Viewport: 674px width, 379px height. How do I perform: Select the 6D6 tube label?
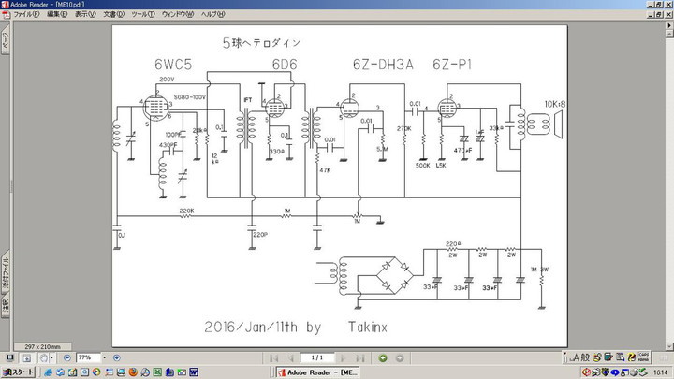click(285, 65)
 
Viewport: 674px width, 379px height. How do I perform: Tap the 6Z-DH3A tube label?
click(382, 65)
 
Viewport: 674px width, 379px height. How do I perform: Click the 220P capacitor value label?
click(259, 234)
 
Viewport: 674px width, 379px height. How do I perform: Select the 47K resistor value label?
click(325, 169)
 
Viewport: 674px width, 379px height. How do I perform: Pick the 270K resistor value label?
click(404, 127)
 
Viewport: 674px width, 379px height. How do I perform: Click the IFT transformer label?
click(248, 99)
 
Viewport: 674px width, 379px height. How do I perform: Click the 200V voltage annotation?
click(167, 80)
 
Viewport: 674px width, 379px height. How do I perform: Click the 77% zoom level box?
click(85, 357)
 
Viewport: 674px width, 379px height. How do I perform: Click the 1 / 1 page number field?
click(318, 357)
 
